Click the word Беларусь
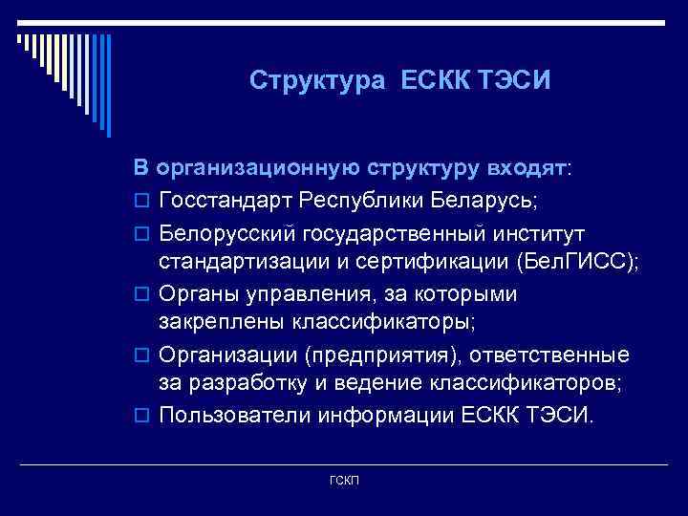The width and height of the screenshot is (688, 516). click(486, 201)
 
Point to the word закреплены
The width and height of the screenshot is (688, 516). click(214, 322)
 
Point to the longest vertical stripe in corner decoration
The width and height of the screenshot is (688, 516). click(109, 85)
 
